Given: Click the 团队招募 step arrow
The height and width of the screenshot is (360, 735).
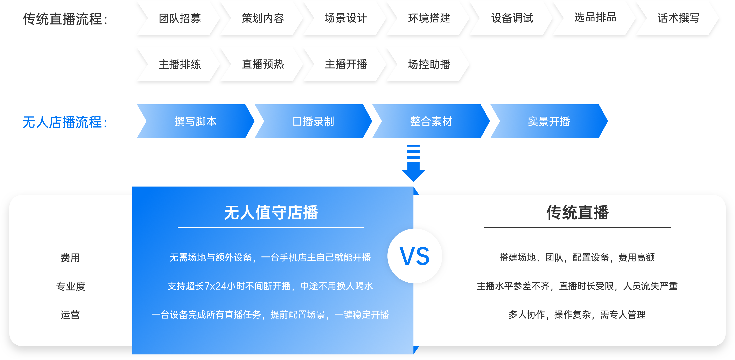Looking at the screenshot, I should [x=180, y=18].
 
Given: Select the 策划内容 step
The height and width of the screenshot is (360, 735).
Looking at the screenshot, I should [x=263, y=18].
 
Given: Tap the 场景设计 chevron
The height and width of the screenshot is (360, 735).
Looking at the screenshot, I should [x=346, y=18].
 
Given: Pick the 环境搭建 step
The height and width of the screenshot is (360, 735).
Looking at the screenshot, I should [x=429, y=18].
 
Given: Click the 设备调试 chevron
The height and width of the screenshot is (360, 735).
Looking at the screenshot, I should [x=512, y=18].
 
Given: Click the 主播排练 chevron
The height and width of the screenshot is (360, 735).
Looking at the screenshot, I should [x=180, y=64].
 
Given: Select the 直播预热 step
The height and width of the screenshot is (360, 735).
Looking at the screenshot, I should [x=263, y=64].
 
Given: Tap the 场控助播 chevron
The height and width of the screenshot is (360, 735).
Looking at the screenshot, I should [x=429, y=64].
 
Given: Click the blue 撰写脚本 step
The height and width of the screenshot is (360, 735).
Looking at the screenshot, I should [x=195, y=121].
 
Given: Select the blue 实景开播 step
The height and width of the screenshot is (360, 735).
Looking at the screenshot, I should [x=549, y=121].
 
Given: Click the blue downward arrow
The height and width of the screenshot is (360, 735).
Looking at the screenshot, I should [x=413, y=164].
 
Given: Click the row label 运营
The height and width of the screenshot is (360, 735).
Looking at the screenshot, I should [x=70, y=315].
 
